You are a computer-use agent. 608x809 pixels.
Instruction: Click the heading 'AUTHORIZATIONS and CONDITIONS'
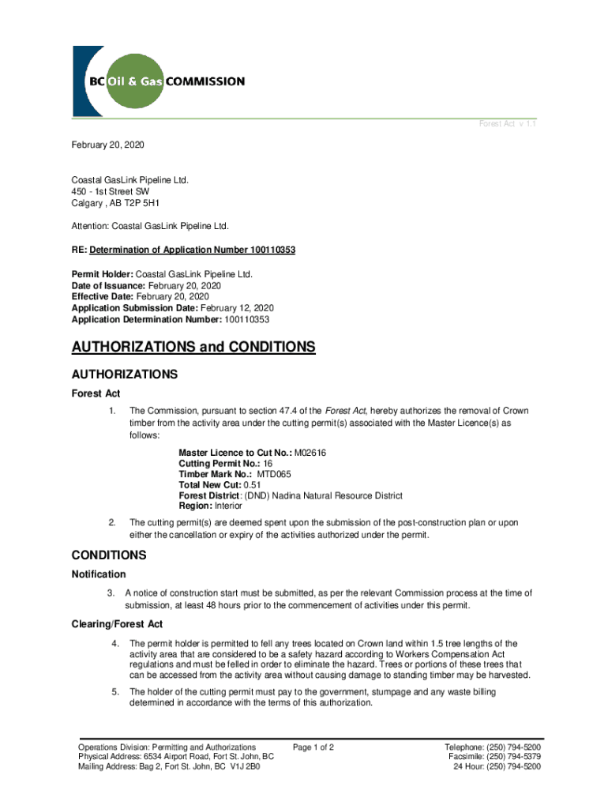click(x=193, y=348)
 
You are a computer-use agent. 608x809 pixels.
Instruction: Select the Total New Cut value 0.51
click(x=253, y=485)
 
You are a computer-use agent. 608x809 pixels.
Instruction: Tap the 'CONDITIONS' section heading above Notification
click(x=109, y=555)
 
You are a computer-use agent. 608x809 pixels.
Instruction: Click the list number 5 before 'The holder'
click(x=114, y=693)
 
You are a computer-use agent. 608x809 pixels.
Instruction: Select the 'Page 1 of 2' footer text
click(x=313, y=747)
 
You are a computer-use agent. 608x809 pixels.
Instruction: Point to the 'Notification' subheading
click(x=99, y=574)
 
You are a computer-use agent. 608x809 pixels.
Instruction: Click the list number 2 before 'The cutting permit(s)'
click(x=113, y=523)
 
